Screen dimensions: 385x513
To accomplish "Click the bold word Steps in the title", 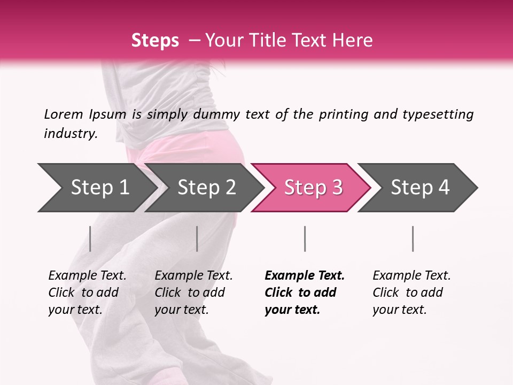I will [155, 41].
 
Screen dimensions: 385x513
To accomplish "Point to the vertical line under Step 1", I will [90, 238].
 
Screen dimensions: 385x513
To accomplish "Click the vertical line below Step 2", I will [197, 238].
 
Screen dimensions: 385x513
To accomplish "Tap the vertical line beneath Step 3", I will [305, 238].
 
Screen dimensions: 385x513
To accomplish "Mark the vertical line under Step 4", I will [413, 238].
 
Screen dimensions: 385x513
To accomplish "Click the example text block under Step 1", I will [87, 292].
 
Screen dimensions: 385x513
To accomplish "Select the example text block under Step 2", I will [193, 292].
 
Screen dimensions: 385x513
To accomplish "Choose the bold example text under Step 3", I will [305, 292].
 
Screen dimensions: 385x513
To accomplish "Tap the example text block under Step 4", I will [411, 292].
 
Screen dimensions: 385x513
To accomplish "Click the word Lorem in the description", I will [63, 114].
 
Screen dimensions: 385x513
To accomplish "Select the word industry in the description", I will [70, 134].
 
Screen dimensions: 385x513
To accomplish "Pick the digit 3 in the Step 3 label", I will [337, 188].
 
